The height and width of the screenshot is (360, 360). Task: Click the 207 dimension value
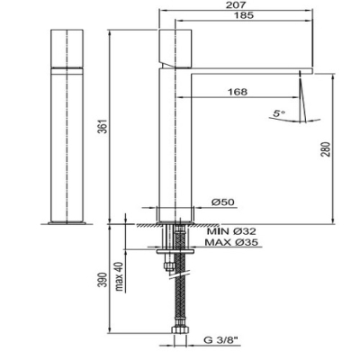click(x=237, y=4)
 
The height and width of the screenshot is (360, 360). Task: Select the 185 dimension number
click(x=244, y=15)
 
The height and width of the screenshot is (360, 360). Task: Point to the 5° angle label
click(x=279, y=113)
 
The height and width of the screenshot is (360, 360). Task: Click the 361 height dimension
click(x=103, y=127)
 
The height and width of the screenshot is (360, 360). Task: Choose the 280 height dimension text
click(x=326, y=149)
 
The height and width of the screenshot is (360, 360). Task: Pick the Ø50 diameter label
click(x=223, y=202)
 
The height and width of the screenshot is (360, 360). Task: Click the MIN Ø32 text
click(x=232, y=231)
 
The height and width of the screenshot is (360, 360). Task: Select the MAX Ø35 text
click(x=231, y=242)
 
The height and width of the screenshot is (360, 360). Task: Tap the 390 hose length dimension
click(x=103, y=280)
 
